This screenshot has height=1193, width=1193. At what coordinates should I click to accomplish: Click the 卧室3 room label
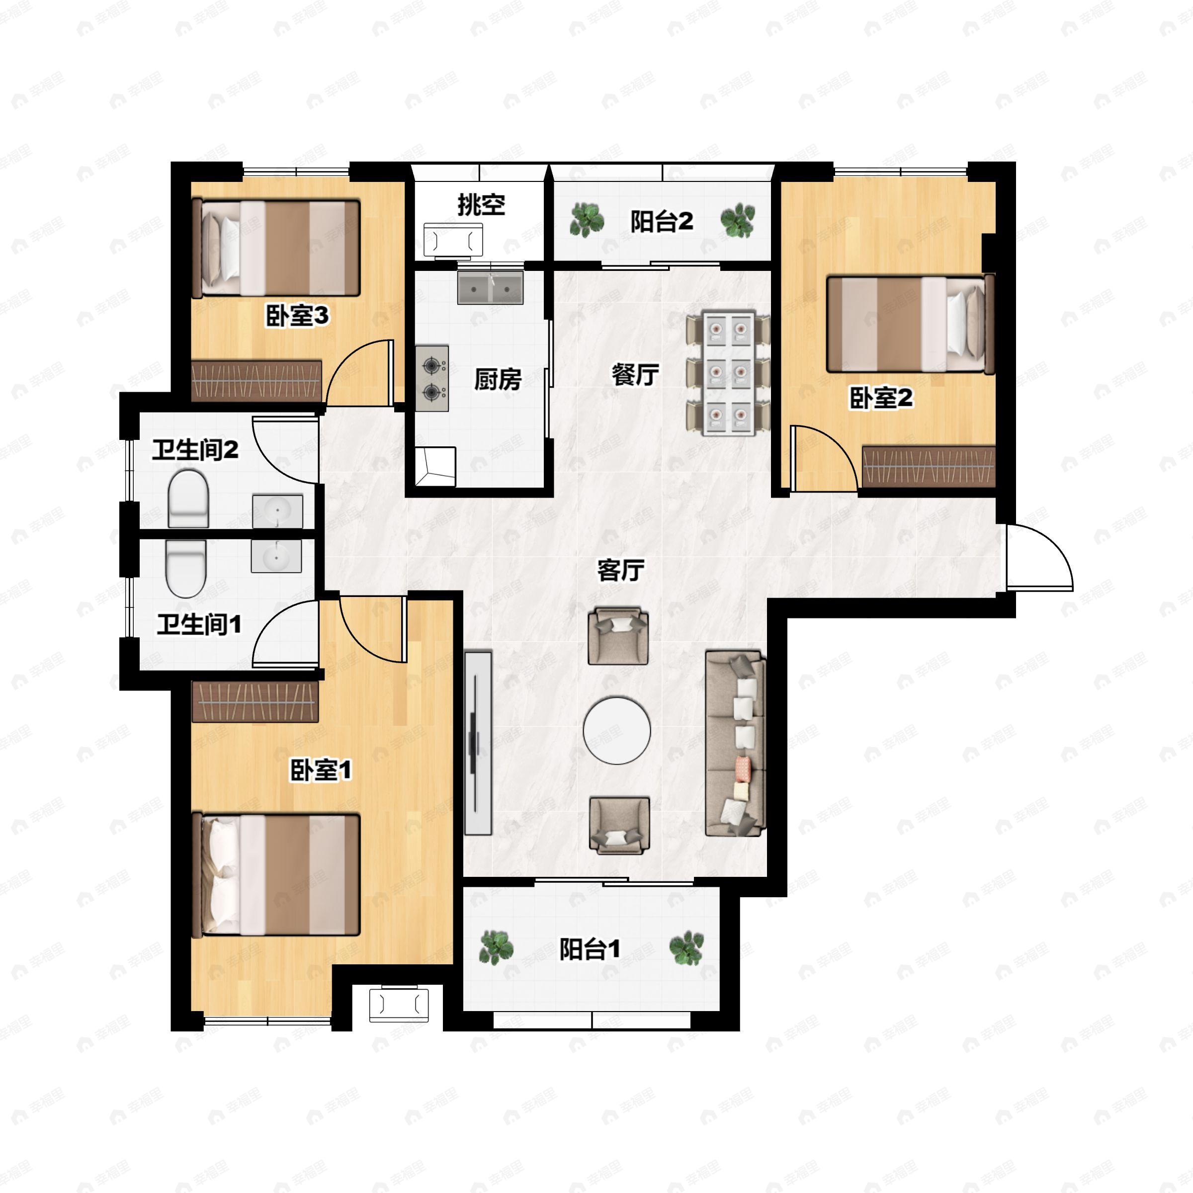pyautogui.click(x=297, y=316)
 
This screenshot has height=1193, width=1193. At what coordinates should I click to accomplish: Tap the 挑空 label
pyautogui.click(x=481, y=204)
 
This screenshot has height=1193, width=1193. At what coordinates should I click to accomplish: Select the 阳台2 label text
pyautogui.click(x=661, y=221)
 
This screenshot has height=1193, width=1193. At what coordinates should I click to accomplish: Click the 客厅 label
pyautogui.click(x=620, y=570)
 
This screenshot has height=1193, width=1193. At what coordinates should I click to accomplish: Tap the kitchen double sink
pyautogui.click(x=490, y=287)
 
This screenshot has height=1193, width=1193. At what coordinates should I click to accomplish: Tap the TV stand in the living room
pyautogui.click(x=478, y=743)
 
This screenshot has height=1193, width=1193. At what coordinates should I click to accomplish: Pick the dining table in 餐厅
pyautogui.click(x=728, y=374)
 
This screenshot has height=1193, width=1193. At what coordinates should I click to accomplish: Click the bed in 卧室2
pyautogui.click(x=910, y=324)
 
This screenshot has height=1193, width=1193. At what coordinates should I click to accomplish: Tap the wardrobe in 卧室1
pyautogui.click(x=255, y=701)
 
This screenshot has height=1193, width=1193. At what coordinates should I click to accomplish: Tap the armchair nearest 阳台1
pyautogui.click(x=619, y=825)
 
